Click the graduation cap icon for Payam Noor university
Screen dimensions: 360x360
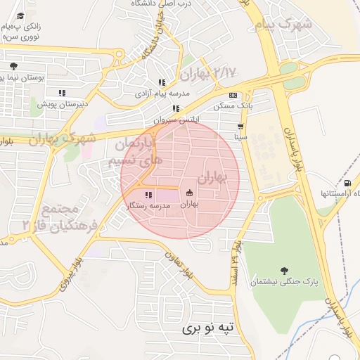[20, 16]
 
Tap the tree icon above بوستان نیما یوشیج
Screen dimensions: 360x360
[13, 66]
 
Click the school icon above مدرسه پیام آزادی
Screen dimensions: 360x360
[162, 82]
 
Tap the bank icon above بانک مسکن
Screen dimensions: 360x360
[233, 95]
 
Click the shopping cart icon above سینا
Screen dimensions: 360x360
[241, 127]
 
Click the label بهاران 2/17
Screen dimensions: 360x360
[209, 72]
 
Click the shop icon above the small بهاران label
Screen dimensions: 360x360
[189, 193]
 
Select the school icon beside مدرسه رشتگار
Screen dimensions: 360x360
[148, 195]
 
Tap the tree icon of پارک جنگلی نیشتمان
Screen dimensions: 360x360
[283, 271]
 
